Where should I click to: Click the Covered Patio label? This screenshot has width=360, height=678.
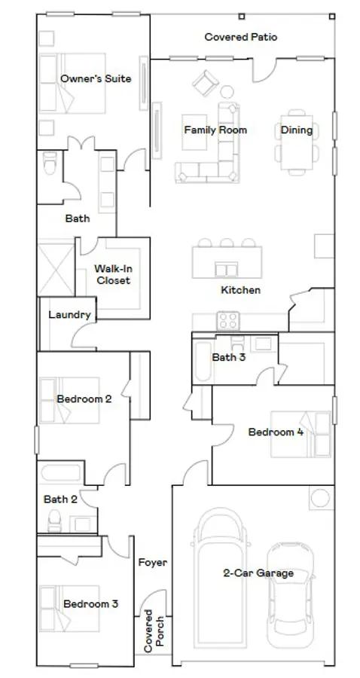tap(240, 36)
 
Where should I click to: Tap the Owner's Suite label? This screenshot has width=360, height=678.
tap(96, 78)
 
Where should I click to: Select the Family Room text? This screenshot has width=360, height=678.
tap(215, 130)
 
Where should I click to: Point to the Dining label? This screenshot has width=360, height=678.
tap(296, 130)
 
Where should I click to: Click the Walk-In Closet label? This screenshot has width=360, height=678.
tap(112, 274)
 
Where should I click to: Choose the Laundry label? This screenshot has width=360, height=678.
tap(70, 315)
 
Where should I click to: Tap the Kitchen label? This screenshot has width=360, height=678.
tap(240, 290)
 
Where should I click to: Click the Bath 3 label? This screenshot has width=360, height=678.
tap(228, 357)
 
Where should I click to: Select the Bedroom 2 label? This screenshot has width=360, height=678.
tap(84, 399)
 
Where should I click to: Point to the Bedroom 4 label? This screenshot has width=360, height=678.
tap(276, 432)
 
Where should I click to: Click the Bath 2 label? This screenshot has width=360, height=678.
tap(60, 499)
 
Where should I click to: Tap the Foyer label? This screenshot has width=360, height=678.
tap(152, 562)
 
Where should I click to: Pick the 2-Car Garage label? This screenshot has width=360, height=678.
tap(258, 573)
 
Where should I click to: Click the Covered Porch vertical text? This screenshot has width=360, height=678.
tap(154, 631)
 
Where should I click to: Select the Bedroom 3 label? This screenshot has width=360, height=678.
tap(90, 603)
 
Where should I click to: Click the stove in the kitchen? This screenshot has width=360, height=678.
tap(227, 320)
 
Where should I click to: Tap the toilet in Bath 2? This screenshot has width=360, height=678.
tap(54, 519)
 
